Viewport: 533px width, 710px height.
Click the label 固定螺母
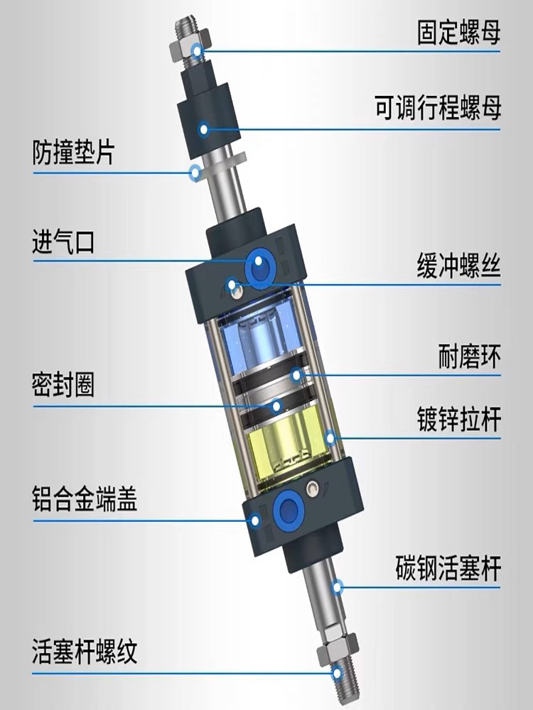(x=458, y=33)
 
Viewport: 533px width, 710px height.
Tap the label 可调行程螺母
(x=438, y=109)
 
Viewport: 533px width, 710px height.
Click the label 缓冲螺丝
(x=458, y=267)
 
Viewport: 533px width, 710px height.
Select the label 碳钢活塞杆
(x=448, y=569)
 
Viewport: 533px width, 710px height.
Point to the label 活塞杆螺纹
(x=84, y=650)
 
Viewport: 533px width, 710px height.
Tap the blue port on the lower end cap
(x=289, y=506)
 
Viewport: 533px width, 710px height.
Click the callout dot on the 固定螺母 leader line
(x=197, y=50)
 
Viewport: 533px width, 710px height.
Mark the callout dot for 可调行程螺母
(x=204, y=129)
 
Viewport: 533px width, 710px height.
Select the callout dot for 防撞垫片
(x=194, y=171)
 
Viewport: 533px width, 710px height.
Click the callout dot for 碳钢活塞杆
(x=338, y=586)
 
